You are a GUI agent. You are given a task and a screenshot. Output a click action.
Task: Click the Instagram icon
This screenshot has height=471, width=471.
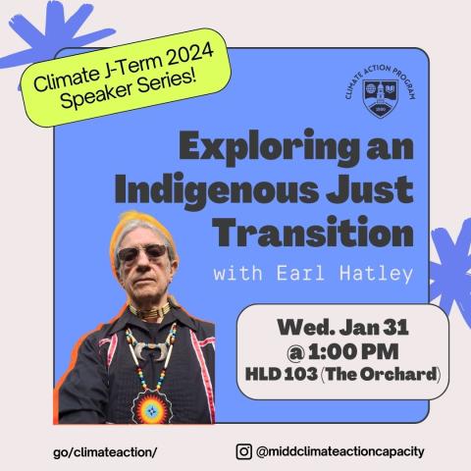tap(244, 451)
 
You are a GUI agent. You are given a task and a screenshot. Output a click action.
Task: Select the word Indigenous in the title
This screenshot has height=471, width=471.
tap(217, 190)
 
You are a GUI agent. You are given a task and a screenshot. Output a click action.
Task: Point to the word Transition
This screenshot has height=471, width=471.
tap(313, 232)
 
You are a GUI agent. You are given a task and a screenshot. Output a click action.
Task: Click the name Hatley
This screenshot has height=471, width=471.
tap(377, 274)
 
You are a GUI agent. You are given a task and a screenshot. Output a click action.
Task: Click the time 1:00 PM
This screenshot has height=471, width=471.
tap(353, 351)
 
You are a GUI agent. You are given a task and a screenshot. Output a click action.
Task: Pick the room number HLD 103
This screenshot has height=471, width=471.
tap(282, 374)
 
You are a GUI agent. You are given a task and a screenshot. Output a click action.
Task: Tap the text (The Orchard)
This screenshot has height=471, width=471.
tap(381, 374)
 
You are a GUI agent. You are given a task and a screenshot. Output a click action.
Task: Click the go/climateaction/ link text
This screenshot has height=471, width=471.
tap(105, 452)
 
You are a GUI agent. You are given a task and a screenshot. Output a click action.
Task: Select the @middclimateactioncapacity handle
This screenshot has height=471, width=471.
tap(340, 451)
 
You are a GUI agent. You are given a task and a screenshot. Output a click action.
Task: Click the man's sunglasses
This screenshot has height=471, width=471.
tap(142, 252)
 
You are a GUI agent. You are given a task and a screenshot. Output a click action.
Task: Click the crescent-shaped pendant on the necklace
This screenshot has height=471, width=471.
tap(151, 350)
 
